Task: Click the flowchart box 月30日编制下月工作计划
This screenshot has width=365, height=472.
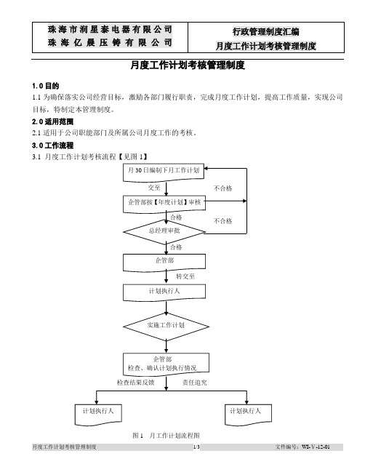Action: click(164, 172)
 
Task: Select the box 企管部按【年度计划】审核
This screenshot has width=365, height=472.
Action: click(164, 204)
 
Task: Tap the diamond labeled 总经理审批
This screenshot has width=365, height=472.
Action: click(164, 232)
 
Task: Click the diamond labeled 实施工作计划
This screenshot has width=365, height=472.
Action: click(166, 327)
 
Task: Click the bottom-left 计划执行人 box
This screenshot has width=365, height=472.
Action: click(98, 415)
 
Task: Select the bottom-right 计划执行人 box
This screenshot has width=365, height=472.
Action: click(248, 415)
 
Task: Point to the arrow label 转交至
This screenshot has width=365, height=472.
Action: click(185, 276)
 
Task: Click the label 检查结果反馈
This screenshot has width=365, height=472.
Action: click(135, 383)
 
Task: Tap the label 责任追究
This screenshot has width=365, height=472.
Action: click(195, 383)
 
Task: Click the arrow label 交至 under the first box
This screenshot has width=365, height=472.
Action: click(154, 188)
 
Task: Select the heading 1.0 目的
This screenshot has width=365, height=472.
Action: click(45, 86)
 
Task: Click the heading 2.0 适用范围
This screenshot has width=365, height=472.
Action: click(52, 121)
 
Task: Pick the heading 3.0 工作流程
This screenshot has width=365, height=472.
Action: click(52, 145)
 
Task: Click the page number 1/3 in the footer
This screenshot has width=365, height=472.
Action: click(196, 447)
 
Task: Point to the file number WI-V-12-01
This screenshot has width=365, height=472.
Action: click(316, 447)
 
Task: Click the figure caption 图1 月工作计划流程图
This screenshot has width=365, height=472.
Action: click(166, 436)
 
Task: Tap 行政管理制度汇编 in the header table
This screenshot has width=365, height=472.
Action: click(265, 31)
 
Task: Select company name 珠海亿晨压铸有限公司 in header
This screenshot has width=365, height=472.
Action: click(110, 42)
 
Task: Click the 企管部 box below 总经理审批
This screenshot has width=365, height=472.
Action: click(164, 263)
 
